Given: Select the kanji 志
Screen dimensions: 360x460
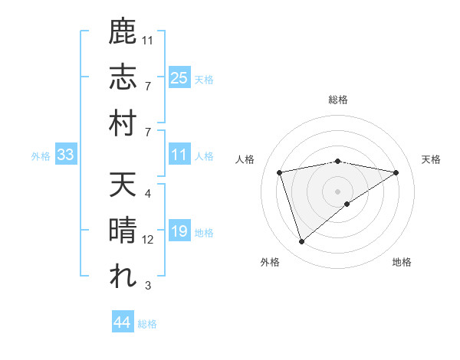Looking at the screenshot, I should click(x=123, y=79).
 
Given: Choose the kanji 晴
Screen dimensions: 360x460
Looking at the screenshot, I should click(x=123, y=231).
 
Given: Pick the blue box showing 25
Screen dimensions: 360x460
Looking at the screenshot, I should click(x=179, y=78).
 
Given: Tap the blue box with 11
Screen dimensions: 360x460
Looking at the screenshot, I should click(x=179, y=155).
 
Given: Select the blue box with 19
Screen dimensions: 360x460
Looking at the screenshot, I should click(x=179, y=231).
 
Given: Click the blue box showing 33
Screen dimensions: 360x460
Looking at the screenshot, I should click(x=66, y=155).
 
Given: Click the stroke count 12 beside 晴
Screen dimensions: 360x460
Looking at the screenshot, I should click(x=149, y=241).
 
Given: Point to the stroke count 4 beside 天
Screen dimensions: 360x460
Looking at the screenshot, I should click(x=148, y=195).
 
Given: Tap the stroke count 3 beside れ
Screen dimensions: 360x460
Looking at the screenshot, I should click(x=148, y=286).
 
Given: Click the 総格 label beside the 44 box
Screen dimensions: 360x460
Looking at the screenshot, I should click(x=147, y=324).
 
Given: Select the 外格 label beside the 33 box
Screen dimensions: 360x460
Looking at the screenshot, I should click(x=41, y=156).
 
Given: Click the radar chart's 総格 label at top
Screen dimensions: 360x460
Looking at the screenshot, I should click(x=338, y=100).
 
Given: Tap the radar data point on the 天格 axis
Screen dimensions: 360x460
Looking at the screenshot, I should click(x=396, y=172).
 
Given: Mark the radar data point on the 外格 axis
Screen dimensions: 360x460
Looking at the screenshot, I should click(x=301, y=242).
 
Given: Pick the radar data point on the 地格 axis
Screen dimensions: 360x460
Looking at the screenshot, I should click(x=347, y=204).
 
